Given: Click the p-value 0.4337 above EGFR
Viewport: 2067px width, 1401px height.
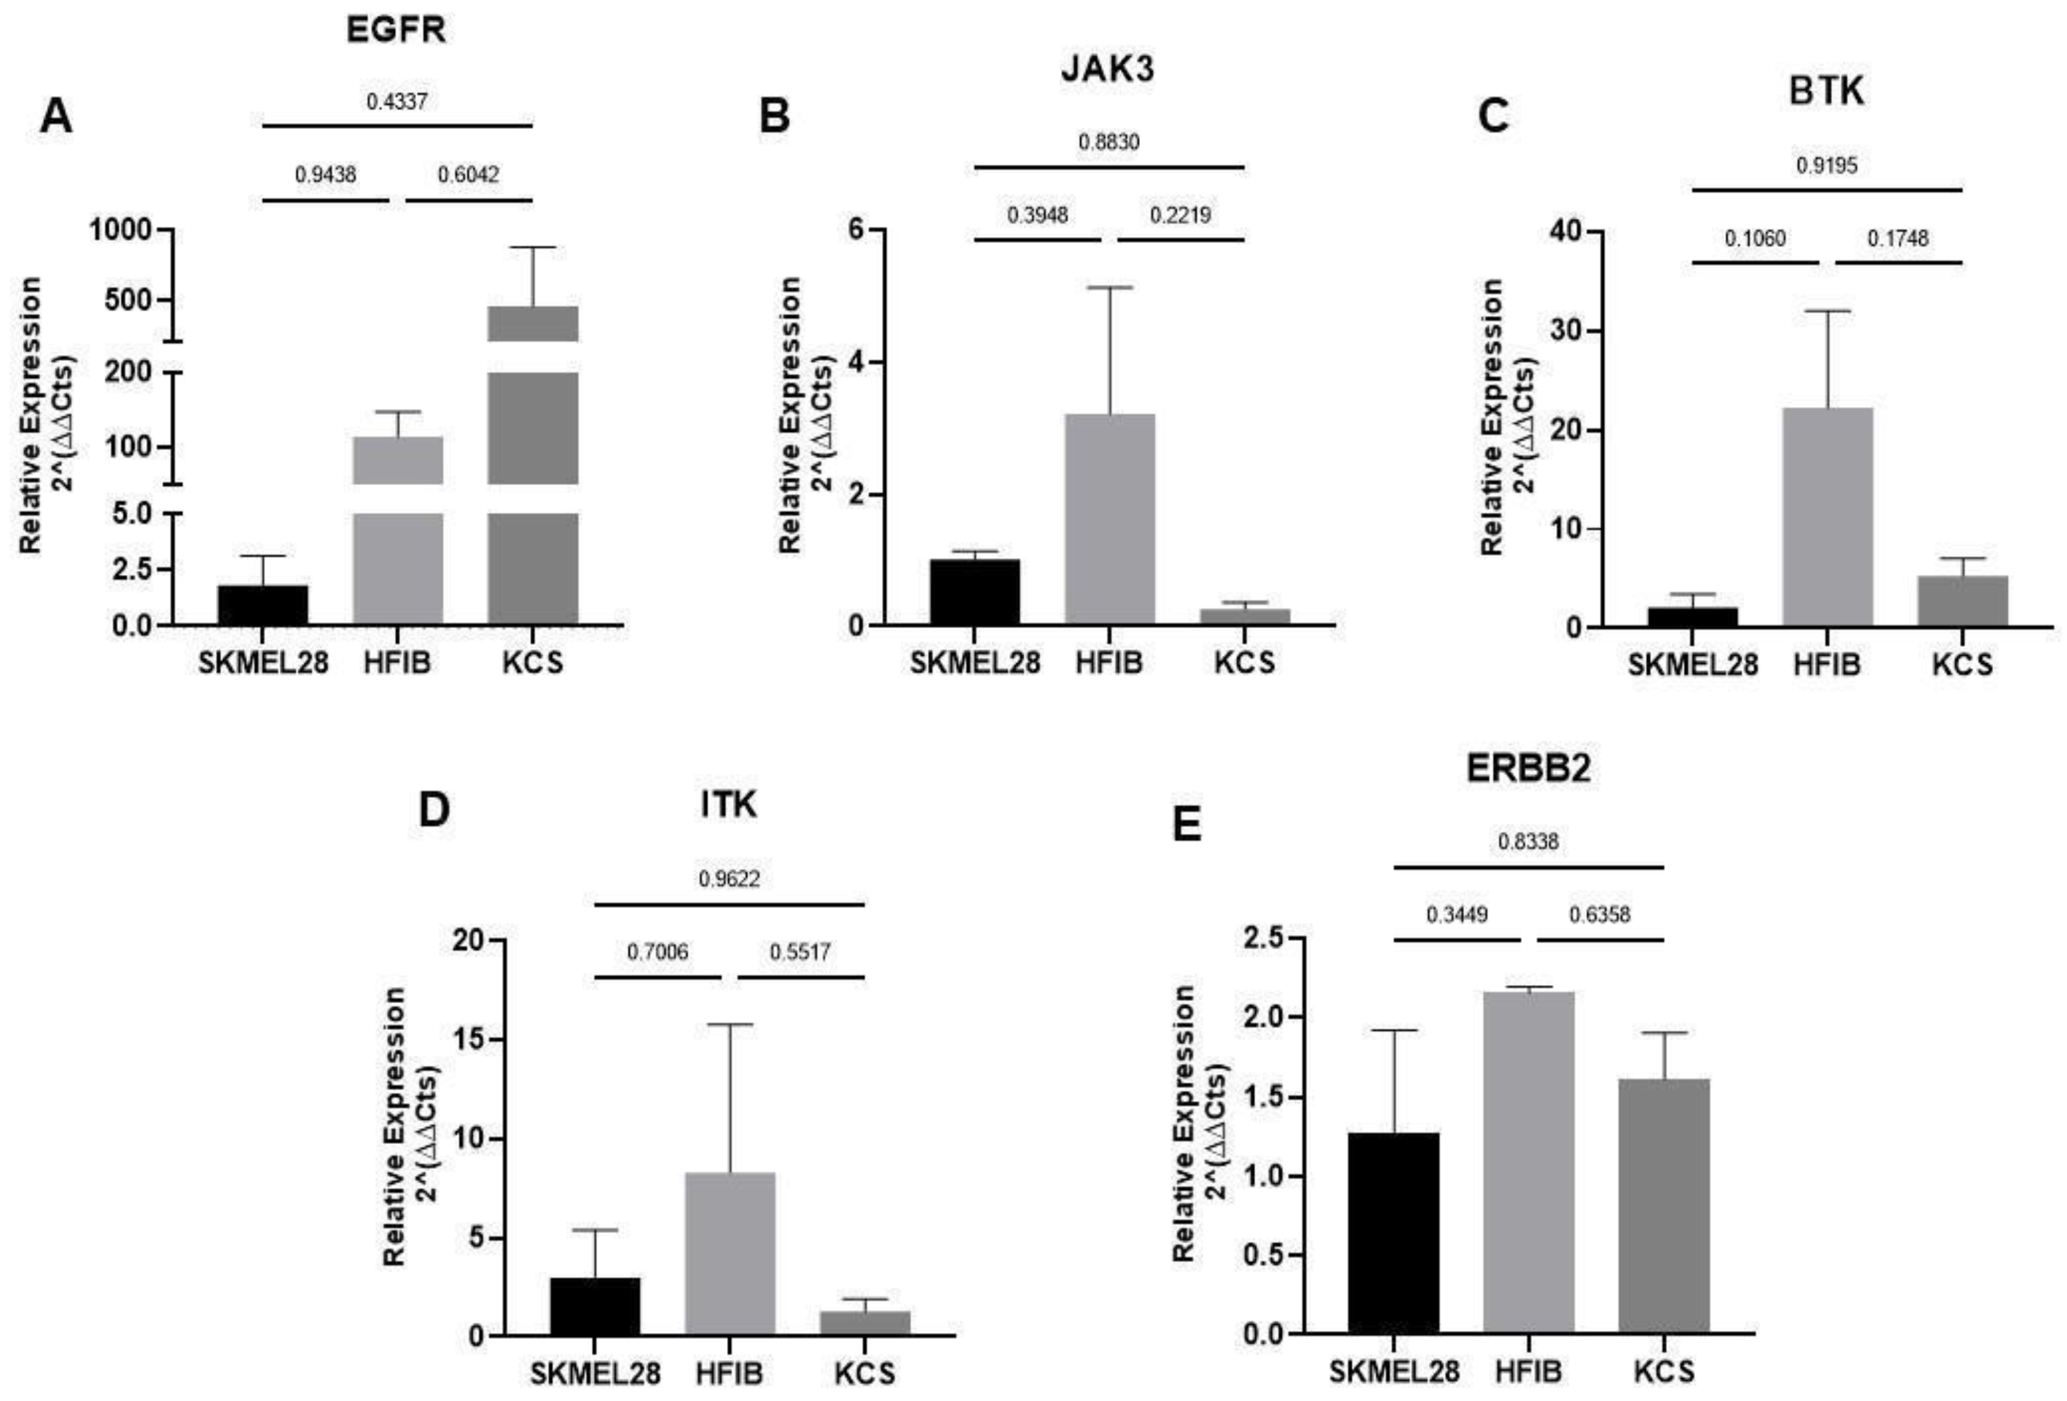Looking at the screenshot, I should pyautogui.click(x=397, y=101).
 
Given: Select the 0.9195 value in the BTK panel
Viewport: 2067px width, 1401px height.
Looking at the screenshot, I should pyautogui.click(x=1827, y=165).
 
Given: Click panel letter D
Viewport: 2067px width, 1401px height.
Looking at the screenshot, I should pyautogui.click(x=434, y=811).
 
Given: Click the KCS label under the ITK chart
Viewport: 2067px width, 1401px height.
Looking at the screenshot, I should pyautogui.click(x=864, y=1373).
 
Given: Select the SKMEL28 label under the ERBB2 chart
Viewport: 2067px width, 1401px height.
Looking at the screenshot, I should pyautogui.click(x=1394, y=1371).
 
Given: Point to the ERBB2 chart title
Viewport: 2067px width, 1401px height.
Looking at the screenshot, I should pyautogui.click(x=1528, y=770).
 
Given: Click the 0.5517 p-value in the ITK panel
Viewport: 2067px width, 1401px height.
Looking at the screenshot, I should pyautogui.click(x=801, y=953).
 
